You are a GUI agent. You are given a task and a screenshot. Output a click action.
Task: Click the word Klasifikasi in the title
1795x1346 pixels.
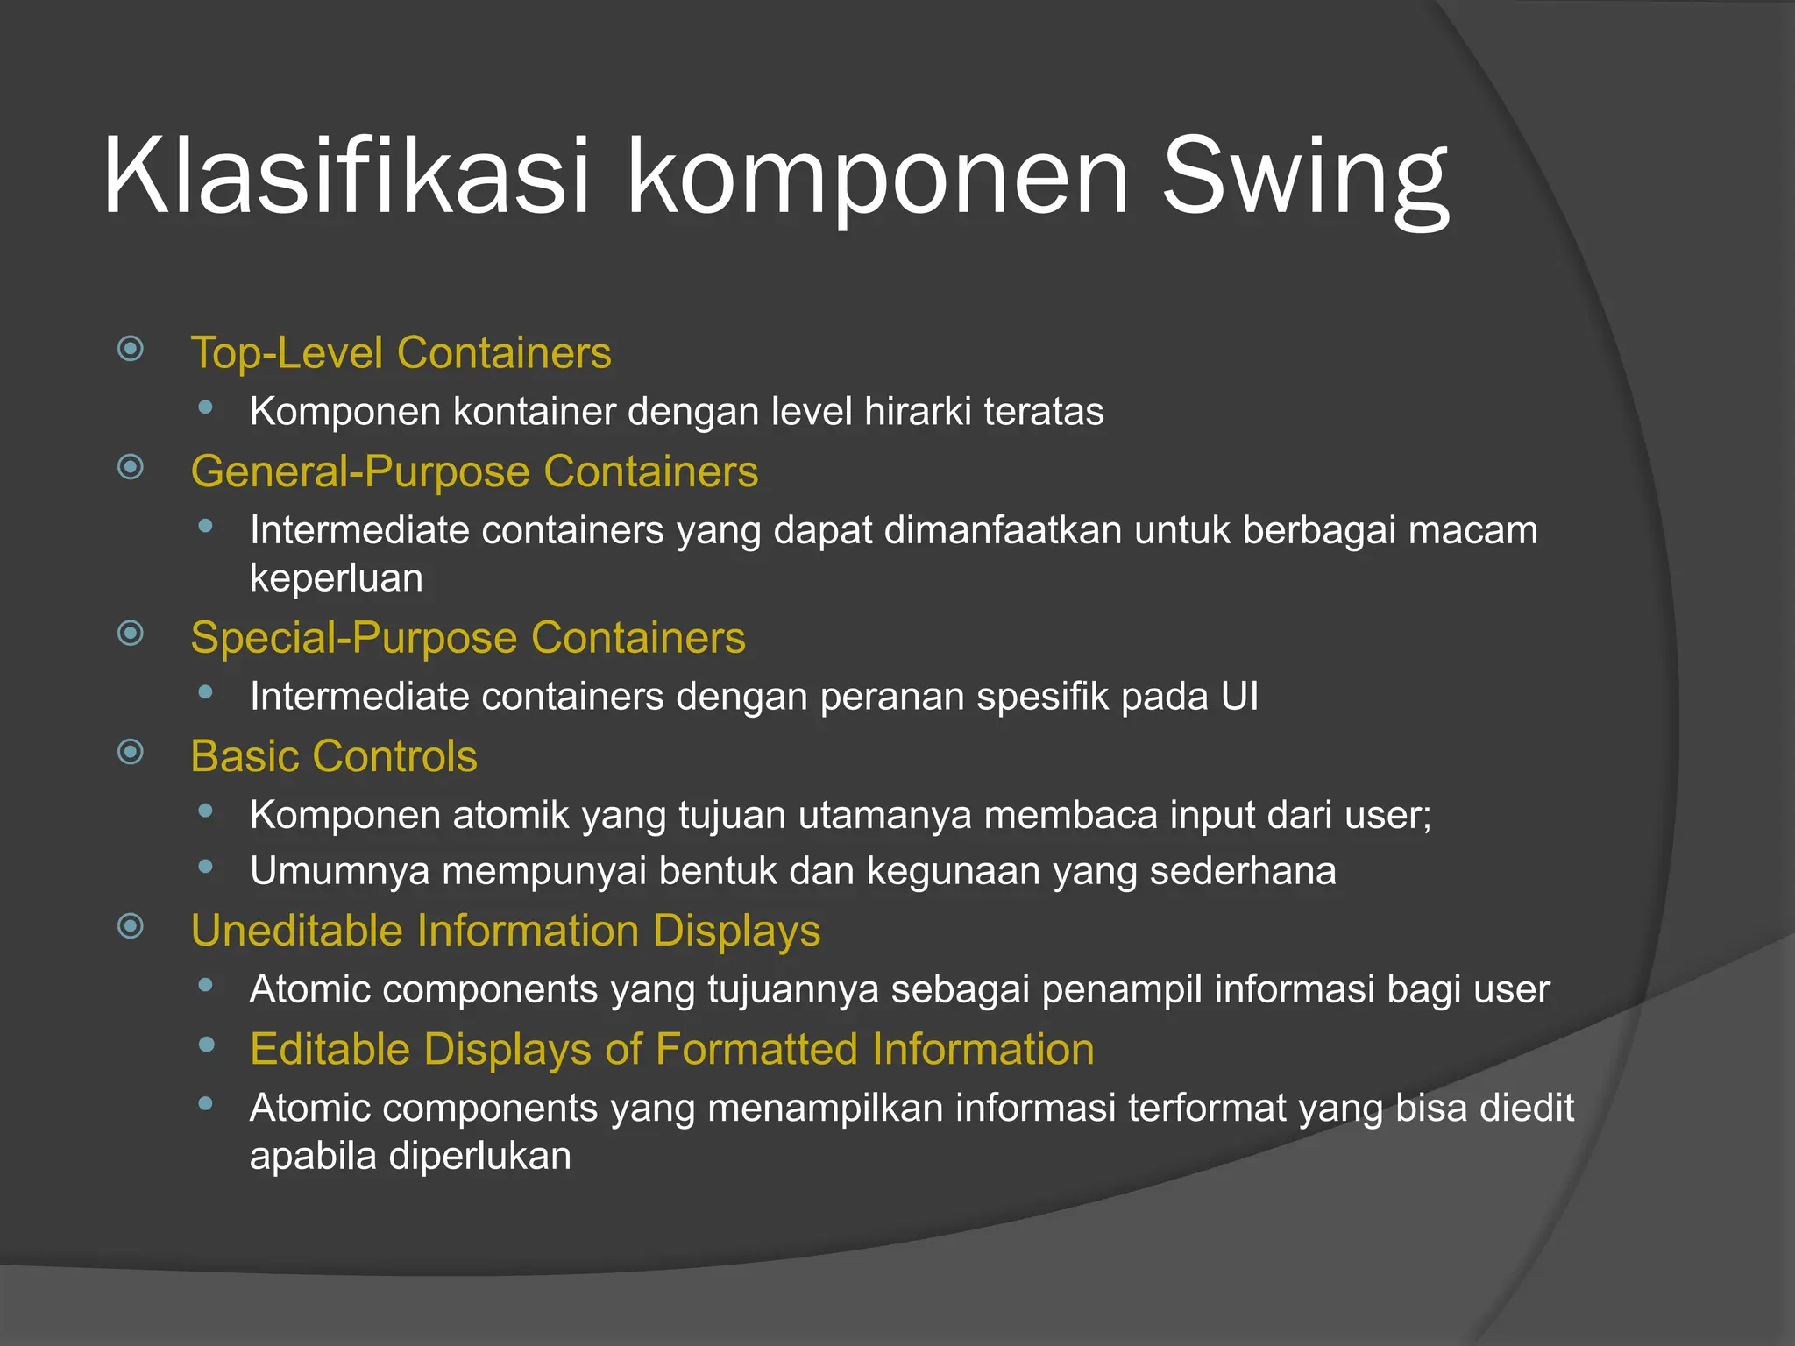coord(346,175)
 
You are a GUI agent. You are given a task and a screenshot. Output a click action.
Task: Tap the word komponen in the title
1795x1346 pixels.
coord(876,180)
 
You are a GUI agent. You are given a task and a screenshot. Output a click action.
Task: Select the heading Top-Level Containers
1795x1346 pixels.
coord(401,353)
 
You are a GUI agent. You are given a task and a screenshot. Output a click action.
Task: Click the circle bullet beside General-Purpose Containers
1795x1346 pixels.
coord(131,467)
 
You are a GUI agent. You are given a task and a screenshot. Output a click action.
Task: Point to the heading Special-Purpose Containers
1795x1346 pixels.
coord(467,637)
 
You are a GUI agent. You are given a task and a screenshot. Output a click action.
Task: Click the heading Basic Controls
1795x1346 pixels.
coord(333,756)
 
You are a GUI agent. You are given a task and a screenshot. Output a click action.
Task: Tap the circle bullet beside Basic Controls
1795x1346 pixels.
coord(131,752)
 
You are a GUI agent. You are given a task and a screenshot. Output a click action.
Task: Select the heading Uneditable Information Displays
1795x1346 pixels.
coord(505,931)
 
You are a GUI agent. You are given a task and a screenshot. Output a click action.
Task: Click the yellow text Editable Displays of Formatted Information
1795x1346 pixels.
coord(671,1049)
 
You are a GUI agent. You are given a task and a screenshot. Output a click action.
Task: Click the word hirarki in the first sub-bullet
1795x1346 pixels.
coord(917,411)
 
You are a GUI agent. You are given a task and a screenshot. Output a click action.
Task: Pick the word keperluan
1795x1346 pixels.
coord(336,578)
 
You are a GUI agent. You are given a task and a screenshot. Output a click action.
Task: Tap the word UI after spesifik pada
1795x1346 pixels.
coord(1239,697)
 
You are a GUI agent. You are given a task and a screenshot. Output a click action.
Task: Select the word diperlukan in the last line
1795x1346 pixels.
coord(479,1156)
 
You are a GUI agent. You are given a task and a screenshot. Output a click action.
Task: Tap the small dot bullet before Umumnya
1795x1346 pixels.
coord(206,867)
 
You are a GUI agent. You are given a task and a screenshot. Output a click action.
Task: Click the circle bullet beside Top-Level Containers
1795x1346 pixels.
coord(131,349)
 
